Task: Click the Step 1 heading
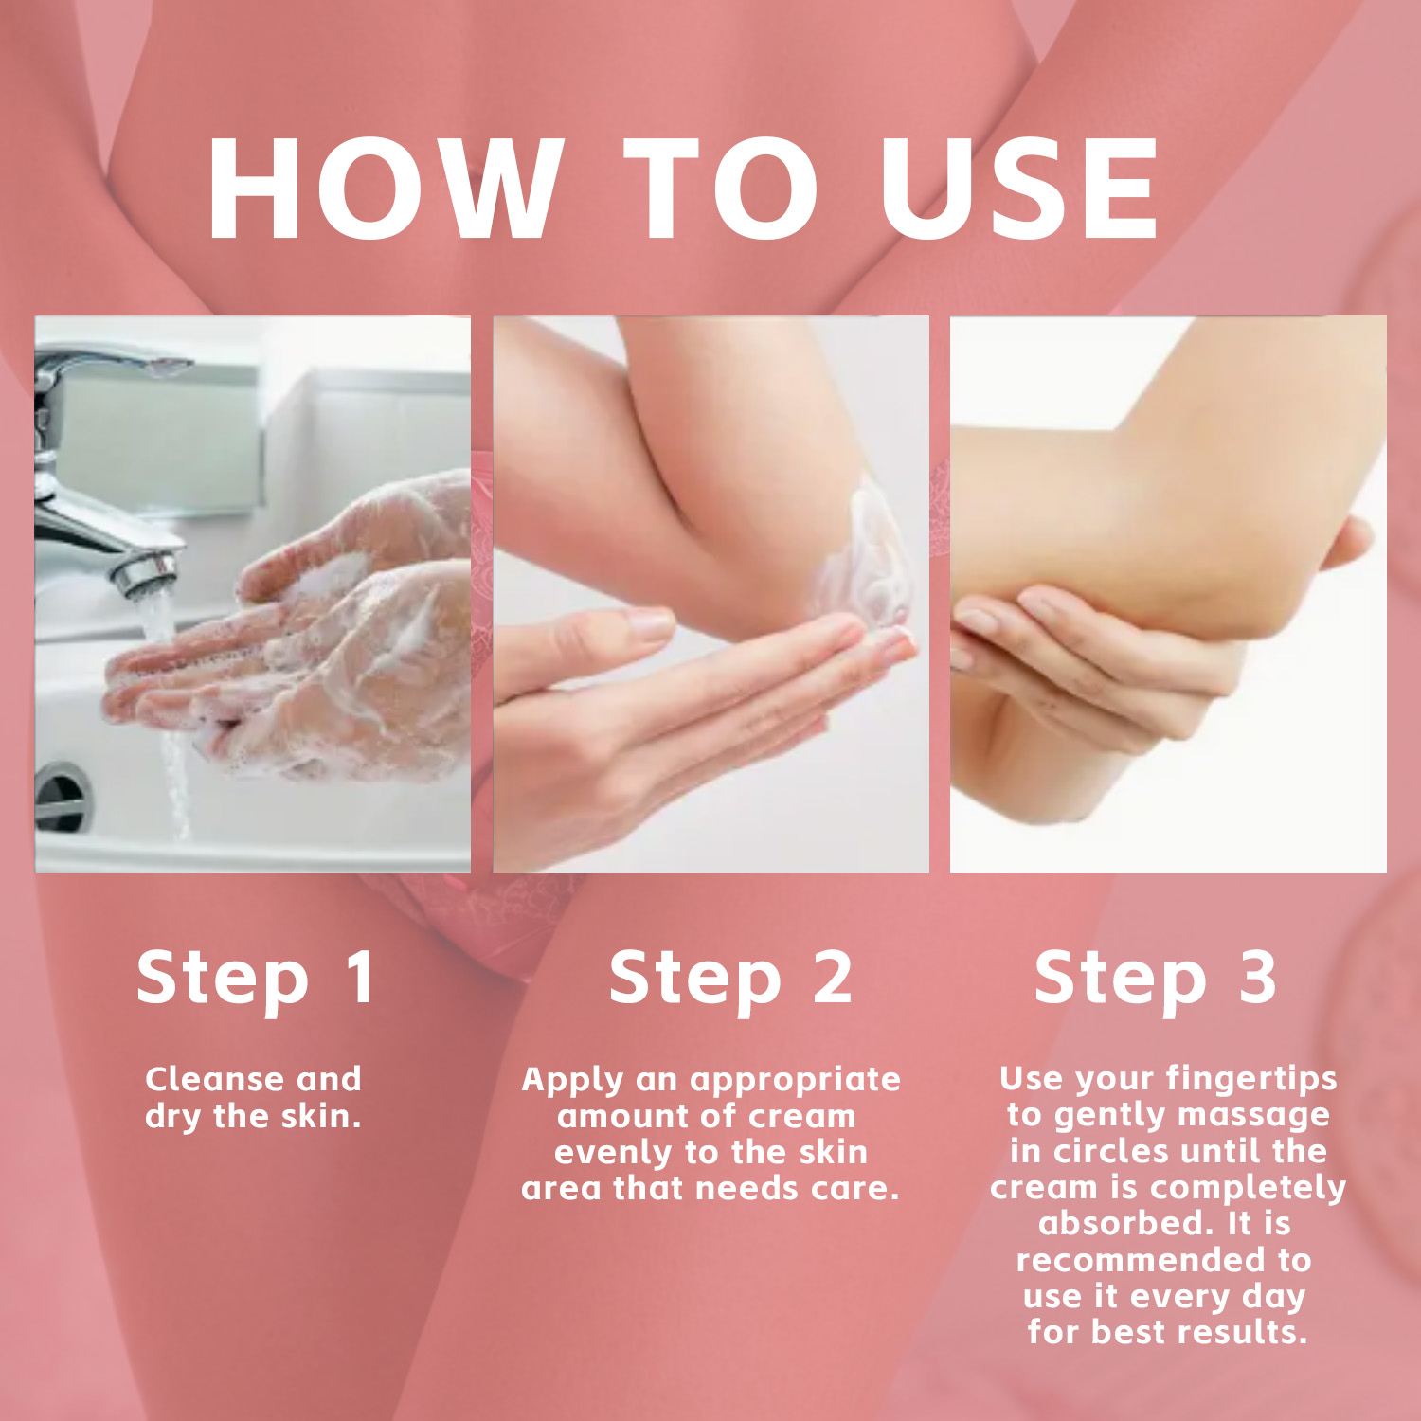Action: pyautogui.click(x=256, y=978)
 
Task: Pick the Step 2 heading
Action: pyautogui.click(x=730, y=978)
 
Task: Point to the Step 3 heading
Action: pyautogui.click(x=1156, y=978)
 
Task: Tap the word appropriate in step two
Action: pyautogui.click(x=795, y=1081)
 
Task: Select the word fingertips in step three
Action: pyautogui.click(x=1251, y=1080)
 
